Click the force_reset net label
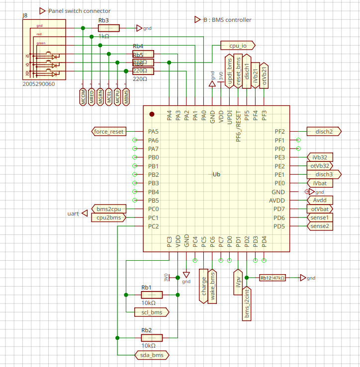109,132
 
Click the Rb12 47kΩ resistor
272,278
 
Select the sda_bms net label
152,355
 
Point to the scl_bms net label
152,312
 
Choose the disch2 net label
324,132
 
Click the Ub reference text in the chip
216,174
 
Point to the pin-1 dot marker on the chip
152,114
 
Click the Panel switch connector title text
79,11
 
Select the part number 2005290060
39,84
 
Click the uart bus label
73,214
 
